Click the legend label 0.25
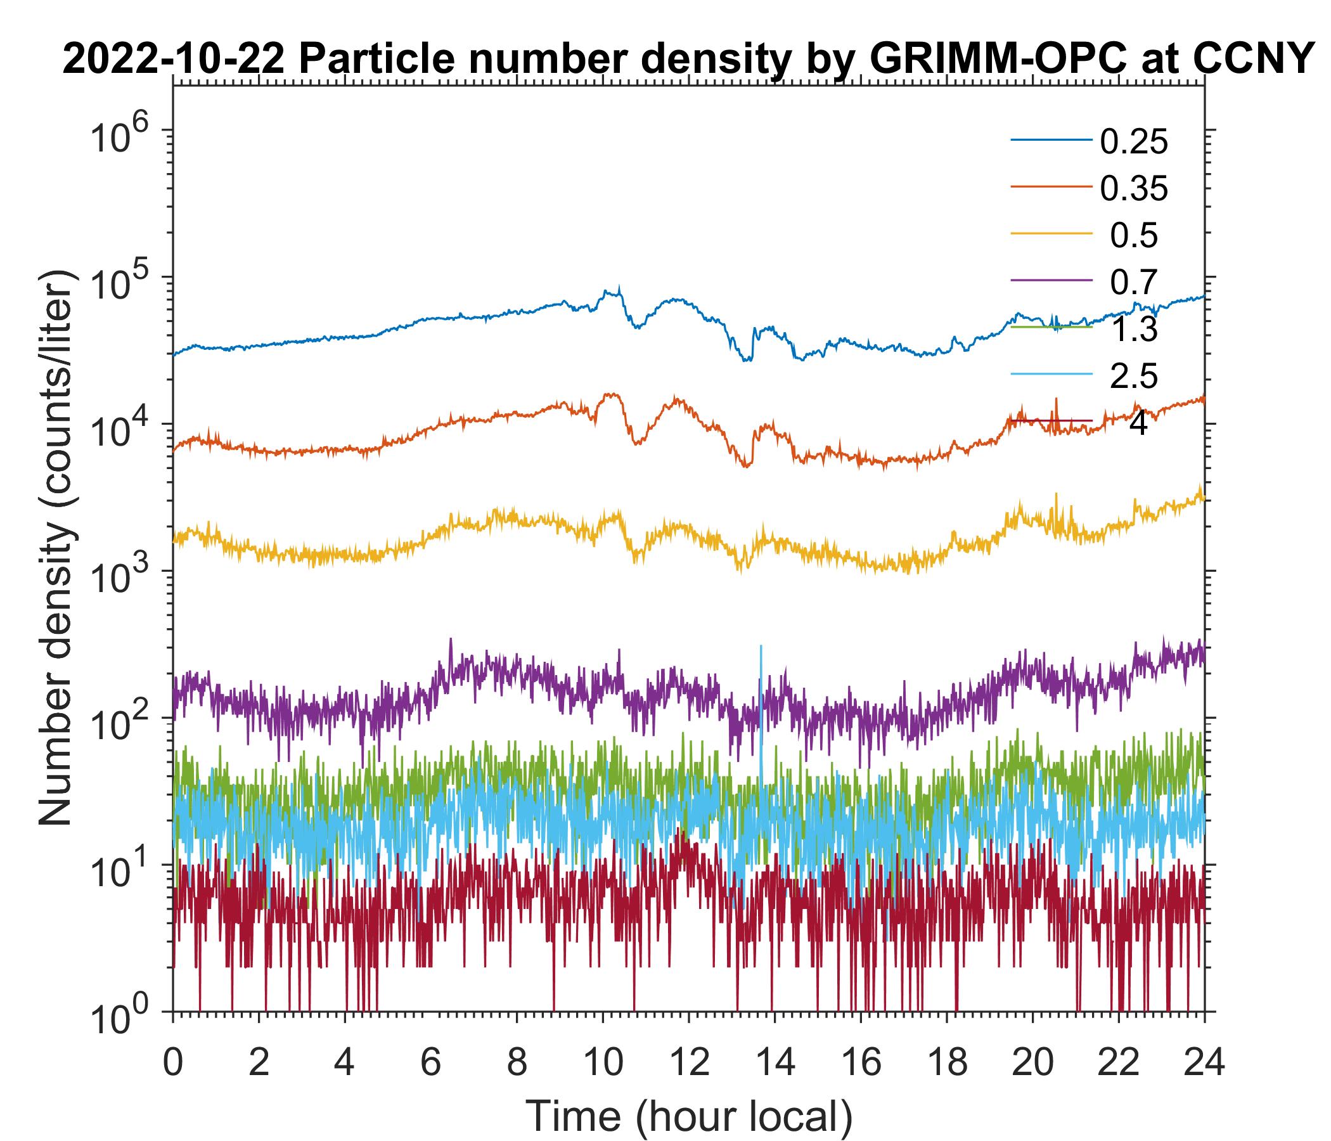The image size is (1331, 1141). point(1134,142)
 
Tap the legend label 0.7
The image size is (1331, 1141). point(1134,283)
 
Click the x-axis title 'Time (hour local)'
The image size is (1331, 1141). point(688,1116)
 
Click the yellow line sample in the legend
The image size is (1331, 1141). point(1051,236)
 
